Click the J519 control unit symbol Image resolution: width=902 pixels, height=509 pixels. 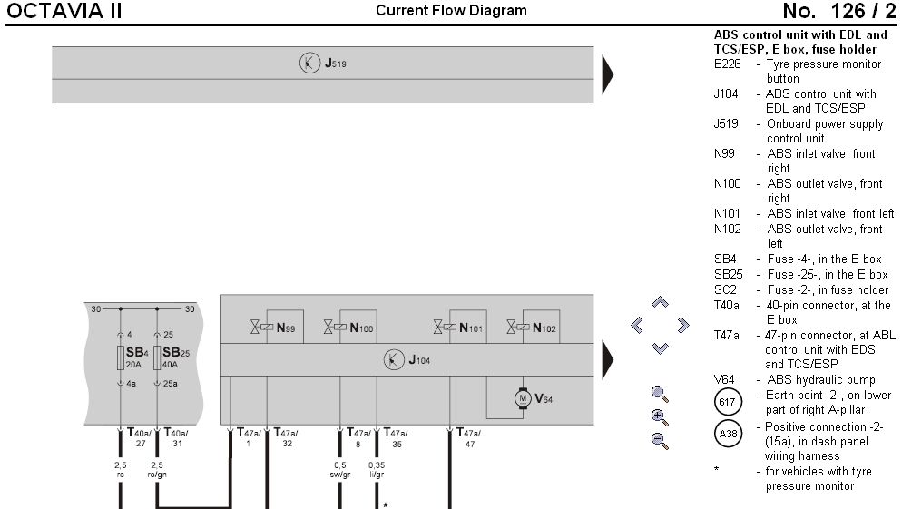click(x=310, y=64)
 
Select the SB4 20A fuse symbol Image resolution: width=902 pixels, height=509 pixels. click(x=121, y=357)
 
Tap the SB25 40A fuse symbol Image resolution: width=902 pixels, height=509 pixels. click(x=157, y=357)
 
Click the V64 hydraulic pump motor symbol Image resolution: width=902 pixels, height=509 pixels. click(x=522, y=397)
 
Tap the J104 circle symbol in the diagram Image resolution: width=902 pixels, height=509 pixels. click(x=394, y=359)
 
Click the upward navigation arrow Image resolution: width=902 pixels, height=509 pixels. click(x=660, y=303)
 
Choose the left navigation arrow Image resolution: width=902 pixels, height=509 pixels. click(x=637, y=325)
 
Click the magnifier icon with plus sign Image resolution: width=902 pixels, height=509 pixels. click(x=660, y=417)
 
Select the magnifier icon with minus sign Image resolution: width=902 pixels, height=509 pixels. click(x=660, y=441)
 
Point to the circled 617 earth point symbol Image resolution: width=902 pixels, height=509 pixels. click(x=729, y=402)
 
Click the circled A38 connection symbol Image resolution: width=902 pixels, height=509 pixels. click(x=729, y=435)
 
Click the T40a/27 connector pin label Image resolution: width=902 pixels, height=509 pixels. click(x=138, y=438)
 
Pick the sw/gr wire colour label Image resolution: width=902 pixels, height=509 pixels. click(x=340, y=475)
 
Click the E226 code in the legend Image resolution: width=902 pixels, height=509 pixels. click(x=728, y=64)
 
